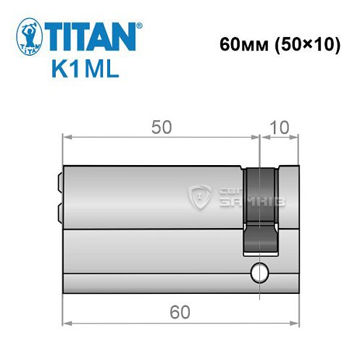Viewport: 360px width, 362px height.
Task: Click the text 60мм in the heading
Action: pyautogui.click(x=238, y=44)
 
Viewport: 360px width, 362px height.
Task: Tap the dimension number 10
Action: pyautogui.click(x=279, y=127)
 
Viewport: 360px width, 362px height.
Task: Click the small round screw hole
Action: pyautogui.click(x=259, y=274)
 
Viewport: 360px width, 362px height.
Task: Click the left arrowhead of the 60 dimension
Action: pyautogui.click(x=67, y=323)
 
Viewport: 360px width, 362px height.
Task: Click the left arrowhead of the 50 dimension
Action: pyautogui.click(x=67, y=138)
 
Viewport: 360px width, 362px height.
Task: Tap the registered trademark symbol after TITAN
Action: pyautogui.click(x=138, y=25)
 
